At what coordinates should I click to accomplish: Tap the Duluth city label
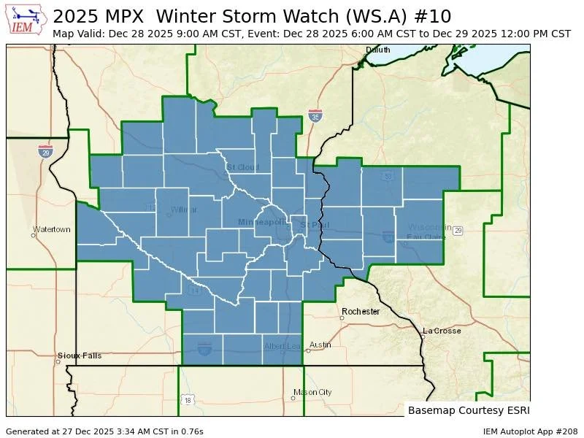(x=378, y=50)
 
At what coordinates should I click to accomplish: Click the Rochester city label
(x=361, y=312)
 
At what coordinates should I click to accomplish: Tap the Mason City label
(x=312, y=392)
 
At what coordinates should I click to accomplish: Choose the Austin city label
(x=320, y=345)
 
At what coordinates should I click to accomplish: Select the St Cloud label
(x=242, y=167)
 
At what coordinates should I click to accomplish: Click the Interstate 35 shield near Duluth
(x=315, y=117)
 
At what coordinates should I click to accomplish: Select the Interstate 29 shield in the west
(x=45, y=151)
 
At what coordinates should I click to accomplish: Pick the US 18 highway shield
(x=188, y=400)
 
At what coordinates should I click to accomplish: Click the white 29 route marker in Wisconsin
(x=458, y=231)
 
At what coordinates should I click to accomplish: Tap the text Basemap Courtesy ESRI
(x=468, y=410)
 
